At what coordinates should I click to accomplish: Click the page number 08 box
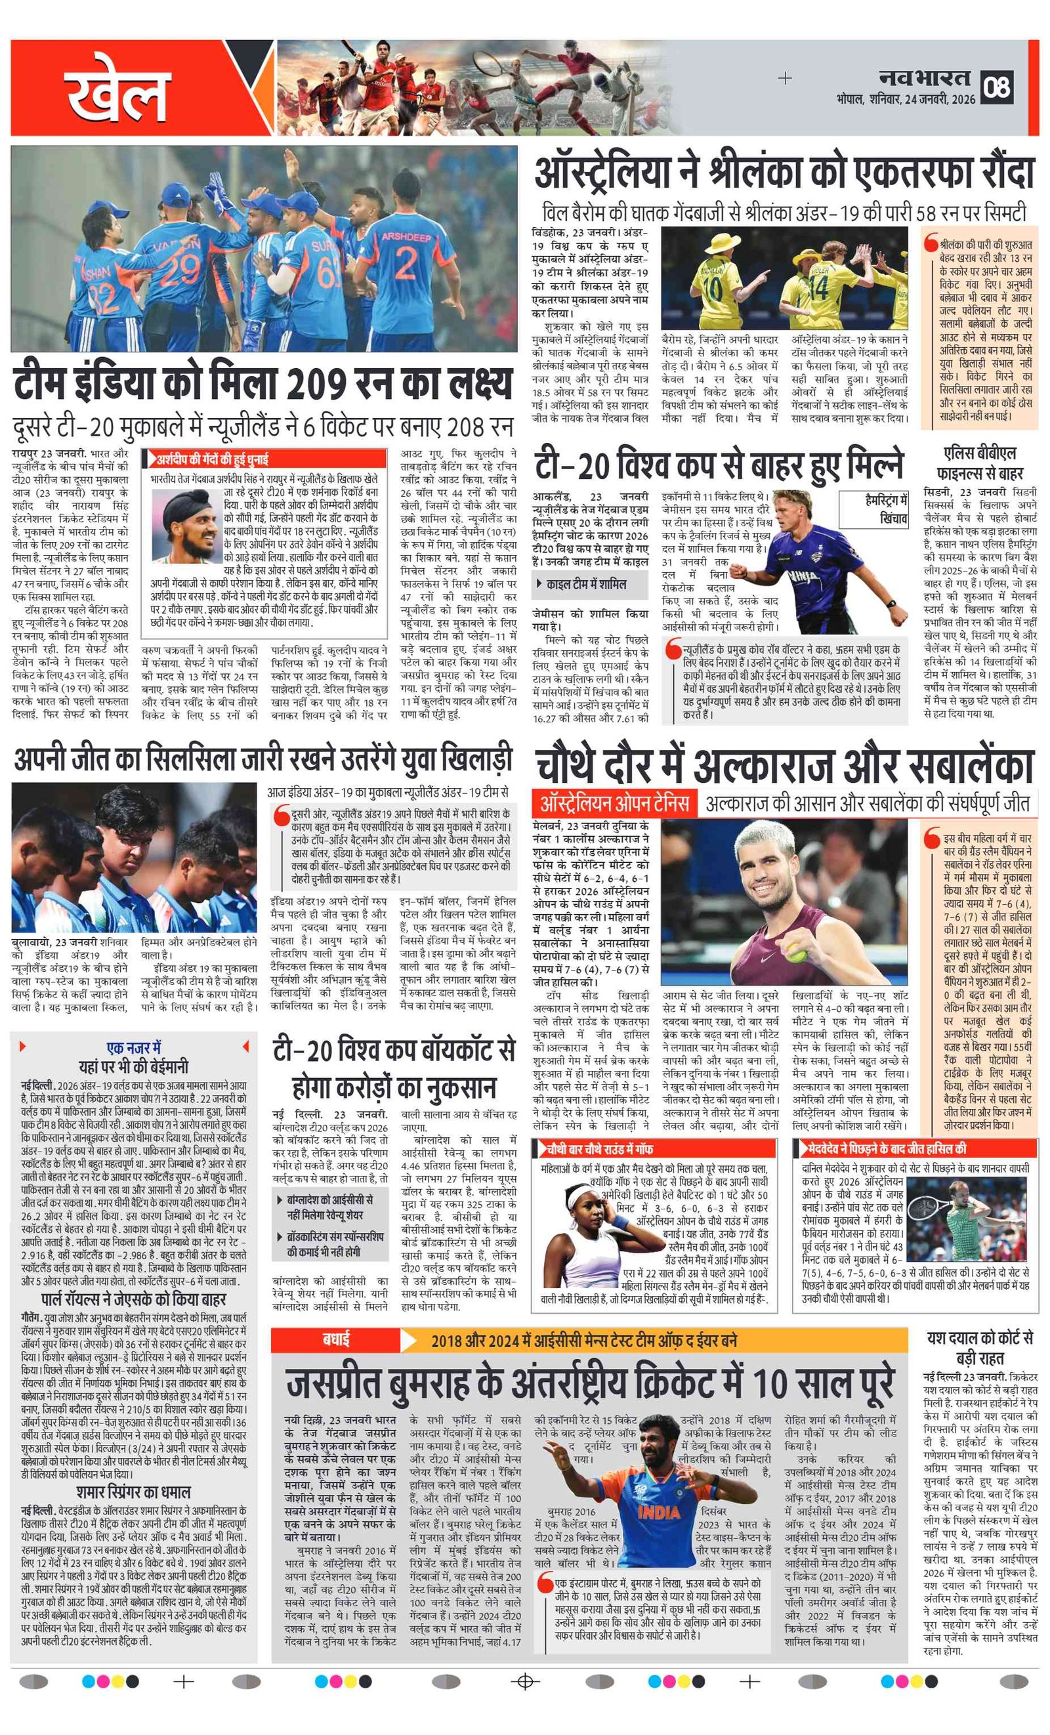(997, 87)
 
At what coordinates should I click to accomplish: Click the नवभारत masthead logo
(924, 78)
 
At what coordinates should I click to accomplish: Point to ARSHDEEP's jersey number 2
(406, 262)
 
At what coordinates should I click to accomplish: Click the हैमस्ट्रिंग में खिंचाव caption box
(886, 509)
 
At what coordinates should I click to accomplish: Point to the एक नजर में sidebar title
(134, 1047)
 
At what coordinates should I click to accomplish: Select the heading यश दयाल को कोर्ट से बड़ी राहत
(980, 1348)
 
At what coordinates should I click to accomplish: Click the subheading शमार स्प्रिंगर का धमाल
(134, 1492)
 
